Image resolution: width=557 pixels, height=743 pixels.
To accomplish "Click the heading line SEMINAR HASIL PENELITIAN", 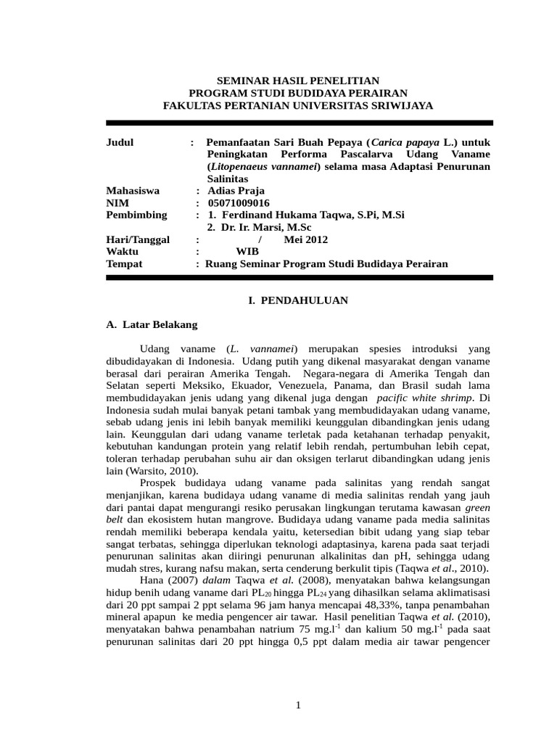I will pos(298,81).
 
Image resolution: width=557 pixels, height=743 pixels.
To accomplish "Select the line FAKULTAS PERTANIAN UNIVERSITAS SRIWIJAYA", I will pos(298,105).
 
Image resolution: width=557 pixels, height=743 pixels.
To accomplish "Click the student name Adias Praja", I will pos(236,191).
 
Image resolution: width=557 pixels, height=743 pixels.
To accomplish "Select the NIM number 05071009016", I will pos(239,203).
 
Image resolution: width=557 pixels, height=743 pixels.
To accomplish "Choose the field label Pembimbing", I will pos(136,215).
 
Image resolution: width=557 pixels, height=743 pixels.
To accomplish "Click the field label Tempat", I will pos(124,264).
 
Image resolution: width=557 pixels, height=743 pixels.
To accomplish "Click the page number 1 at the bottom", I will pos(298,705).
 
